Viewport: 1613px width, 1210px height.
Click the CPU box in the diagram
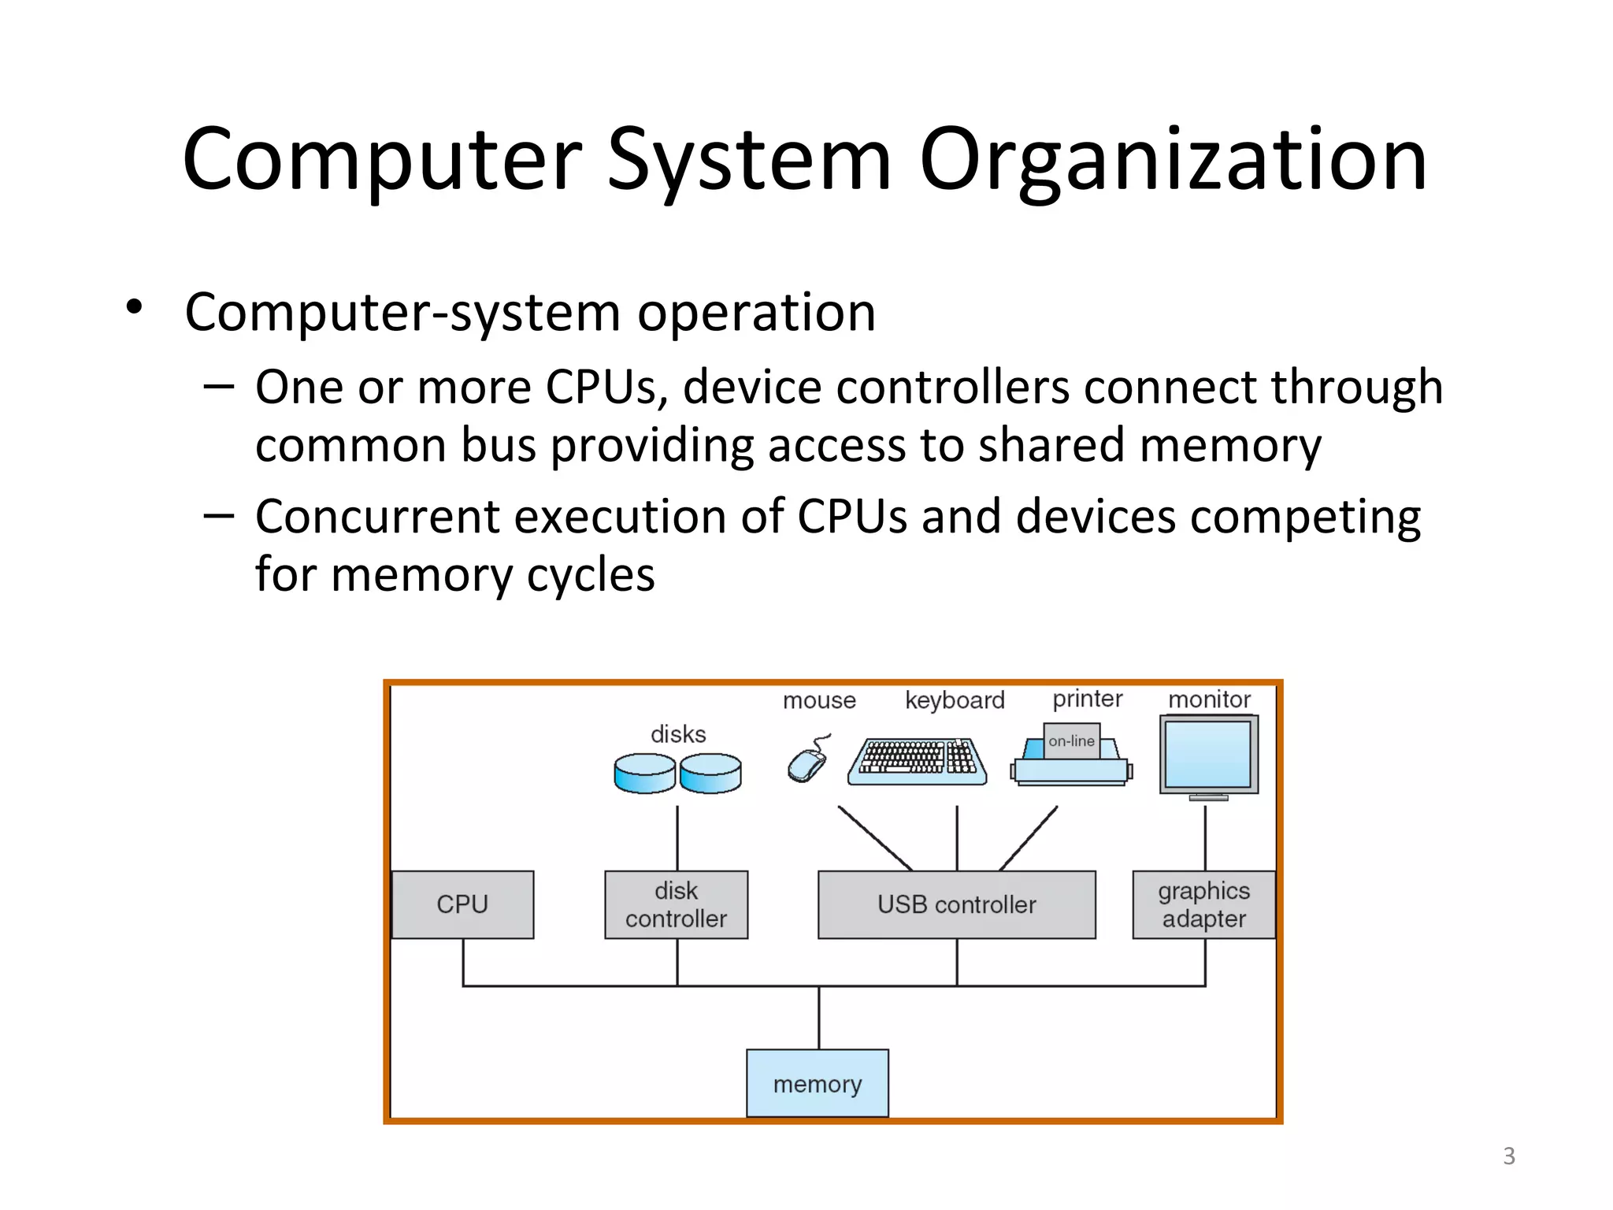pyautogui.click(x=462, y=904)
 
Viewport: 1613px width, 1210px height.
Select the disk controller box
pyautogui.click(x=676, y=904)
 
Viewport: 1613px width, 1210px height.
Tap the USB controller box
pyautogui.click(x=956, y=904)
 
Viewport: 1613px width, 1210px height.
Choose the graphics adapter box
pyautogui.click(x=1203, y=904)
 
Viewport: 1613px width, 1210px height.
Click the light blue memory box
pyautogui.click(x=818, y=1083)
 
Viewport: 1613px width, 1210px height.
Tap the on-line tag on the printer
pyautogui.click(x=1071, y=741)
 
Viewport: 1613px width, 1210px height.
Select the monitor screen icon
pyautogui.click(x=1208, y=755)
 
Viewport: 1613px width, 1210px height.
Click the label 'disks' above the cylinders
pyautogui.click(x=678, y=734)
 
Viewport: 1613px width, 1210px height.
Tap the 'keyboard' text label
pyautogui.click(x=955, y=700)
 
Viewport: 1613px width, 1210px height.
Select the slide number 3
pyautogui.click(x=1508, y=1156)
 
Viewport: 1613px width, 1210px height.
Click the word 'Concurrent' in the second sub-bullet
pyautogui.click(x=378, y=517)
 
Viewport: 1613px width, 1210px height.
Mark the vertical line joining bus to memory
pyautogui.click(x=819, y=1018)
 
